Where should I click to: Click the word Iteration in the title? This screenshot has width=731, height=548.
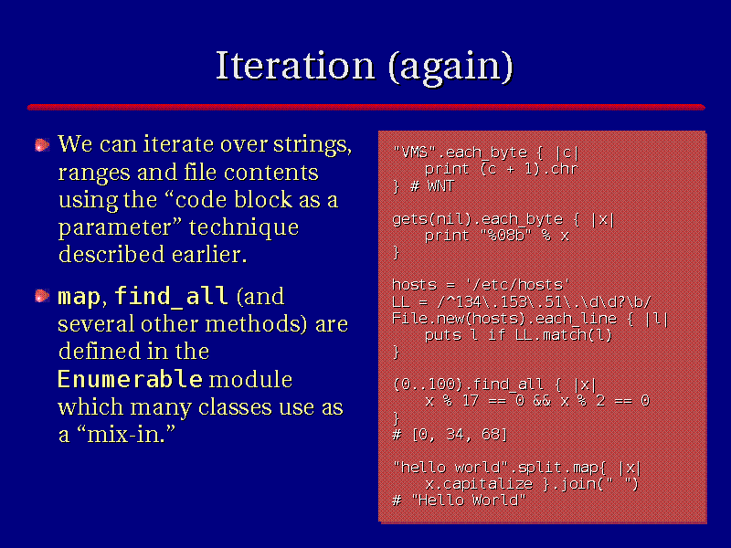pos(295,66)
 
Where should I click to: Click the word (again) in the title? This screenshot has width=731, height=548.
pos(450,68)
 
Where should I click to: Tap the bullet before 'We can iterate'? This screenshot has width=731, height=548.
pos(42,145)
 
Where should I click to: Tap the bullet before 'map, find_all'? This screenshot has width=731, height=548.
pos(42,296)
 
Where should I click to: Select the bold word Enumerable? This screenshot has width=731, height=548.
pos(130,379)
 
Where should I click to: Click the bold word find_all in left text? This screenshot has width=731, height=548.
pos(171,296)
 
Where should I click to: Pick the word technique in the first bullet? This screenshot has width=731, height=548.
pos(244,228)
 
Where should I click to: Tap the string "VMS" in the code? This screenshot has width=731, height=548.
pos(415,153)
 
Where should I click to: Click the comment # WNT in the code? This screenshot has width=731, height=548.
pos(431,186)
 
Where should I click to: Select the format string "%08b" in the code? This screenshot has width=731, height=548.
pos(506,236)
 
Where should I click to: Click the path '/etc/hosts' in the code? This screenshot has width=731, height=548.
pos(517,285)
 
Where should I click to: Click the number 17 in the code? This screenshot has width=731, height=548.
pos(470,401)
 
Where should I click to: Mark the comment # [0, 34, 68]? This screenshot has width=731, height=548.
pos(450,435)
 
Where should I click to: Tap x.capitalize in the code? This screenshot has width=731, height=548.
pos(479,485)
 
